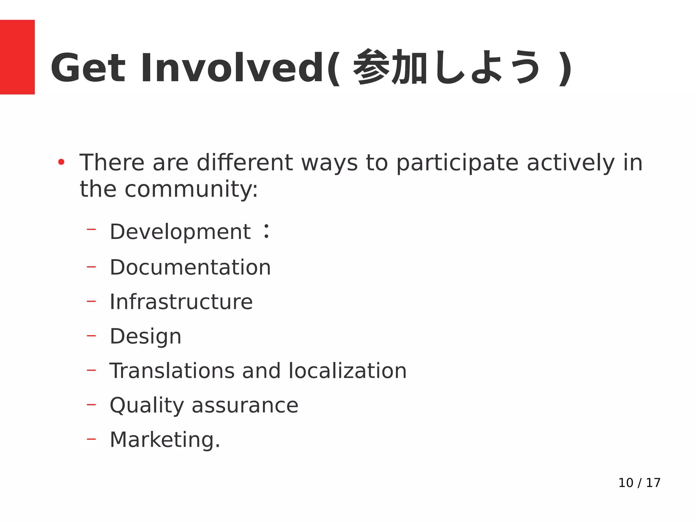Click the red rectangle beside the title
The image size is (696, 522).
(17, 57)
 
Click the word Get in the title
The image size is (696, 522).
(88, 68)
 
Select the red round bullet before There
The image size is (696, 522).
(61, 162)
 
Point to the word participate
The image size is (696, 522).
(457, 163)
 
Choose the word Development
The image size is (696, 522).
(180, 232)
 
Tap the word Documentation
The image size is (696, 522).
(190, 267)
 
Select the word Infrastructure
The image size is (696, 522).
(181, 302)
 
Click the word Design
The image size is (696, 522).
(145, 337)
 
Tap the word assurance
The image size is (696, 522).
(245, 405)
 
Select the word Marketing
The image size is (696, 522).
(165, 440)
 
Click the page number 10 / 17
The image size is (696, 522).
(639, 483)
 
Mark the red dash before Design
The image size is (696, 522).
(91, 336)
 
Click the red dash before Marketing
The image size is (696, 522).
(91, 439)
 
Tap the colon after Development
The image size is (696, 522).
(267, 231)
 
